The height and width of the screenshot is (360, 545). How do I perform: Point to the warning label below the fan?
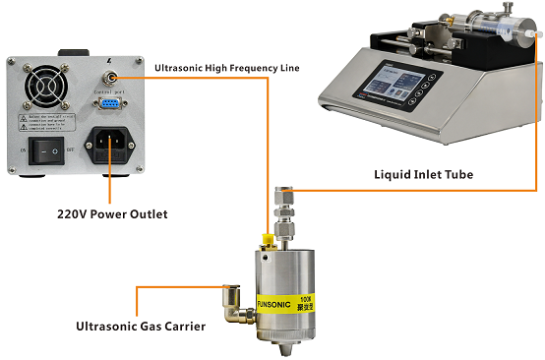tap(47, 122)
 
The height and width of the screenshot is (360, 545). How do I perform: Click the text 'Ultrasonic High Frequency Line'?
tap(227, 67)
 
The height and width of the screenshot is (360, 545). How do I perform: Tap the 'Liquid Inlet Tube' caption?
tap(423, 174)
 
